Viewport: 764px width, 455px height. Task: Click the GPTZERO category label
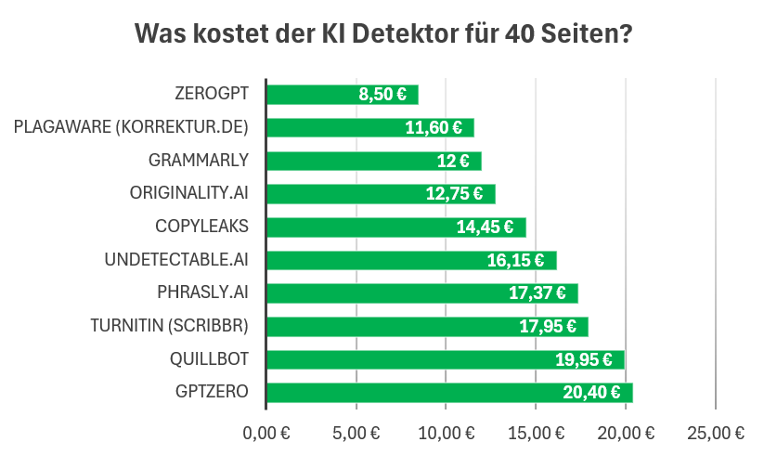click(212, 392)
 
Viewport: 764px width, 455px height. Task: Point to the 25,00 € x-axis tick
click(715, 432)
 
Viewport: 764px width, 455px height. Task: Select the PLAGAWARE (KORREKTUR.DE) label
click(131, 127)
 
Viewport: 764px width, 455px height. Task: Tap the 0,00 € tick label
click(265, 432)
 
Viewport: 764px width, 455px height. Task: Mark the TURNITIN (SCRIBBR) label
click(170, 326)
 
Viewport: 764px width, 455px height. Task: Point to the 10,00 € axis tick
click(446, 432)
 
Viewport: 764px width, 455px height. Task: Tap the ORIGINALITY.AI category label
click(189, 193)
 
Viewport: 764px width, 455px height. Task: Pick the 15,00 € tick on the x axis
click(536, 432)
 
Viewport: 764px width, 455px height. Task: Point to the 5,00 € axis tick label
click(356, 432)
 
